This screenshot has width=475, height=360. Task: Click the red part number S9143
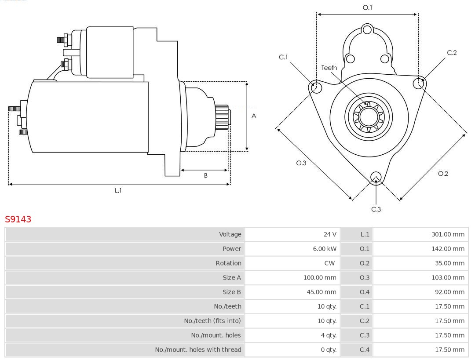tap(18, 219)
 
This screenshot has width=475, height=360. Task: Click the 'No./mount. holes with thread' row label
tap(198, 349)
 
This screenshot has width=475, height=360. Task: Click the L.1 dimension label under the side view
tap(118, 190)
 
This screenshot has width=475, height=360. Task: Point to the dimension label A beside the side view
tap(254, 116)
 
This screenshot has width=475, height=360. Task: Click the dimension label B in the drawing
tap(205, 175)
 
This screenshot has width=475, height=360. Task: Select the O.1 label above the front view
tap(367, 7)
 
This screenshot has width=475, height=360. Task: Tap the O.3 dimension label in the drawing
tap(301, 163)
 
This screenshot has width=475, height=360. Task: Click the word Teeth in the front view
tap(329, 68)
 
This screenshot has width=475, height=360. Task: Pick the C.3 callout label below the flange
tap(376, 209)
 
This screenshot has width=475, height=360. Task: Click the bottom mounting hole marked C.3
tap(376, 177)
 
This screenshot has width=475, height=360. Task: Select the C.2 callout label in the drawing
tap(452, 53)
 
